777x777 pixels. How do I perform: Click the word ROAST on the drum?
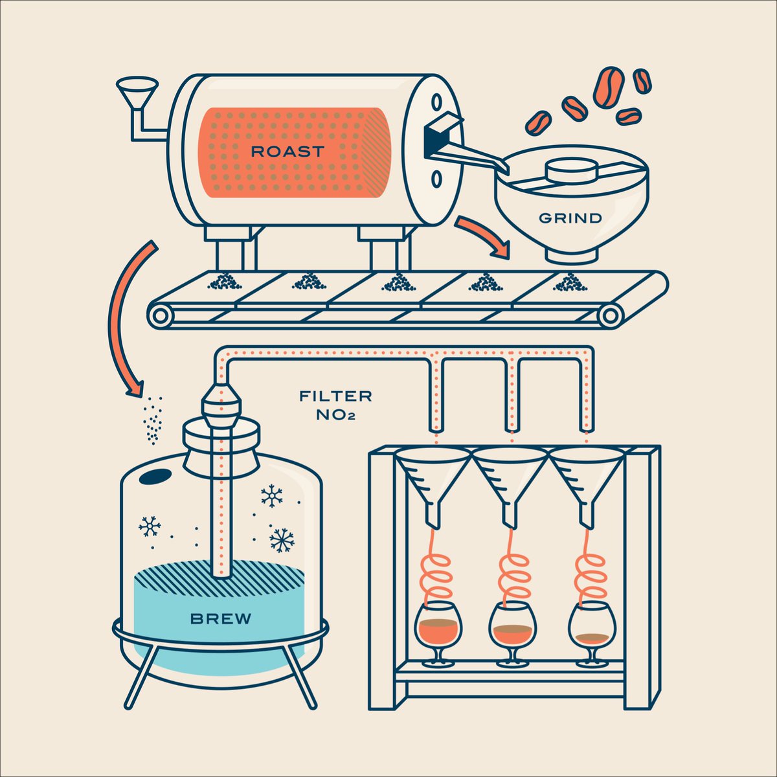coord(286,152)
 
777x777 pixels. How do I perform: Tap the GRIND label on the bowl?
coord(570,218)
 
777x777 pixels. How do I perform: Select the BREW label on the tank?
coord(221,618)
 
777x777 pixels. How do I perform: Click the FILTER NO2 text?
coord(335,405)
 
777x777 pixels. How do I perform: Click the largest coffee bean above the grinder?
coord(608,86)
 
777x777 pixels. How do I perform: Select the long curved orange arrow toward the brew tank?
coord(123,317)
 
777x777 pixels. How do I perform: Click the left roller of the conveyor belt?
coord(160,316)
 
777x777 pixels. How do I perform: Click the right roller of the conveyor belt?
coord(610,316)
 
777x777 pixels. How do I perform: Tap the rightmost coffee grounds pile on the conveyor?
coord(570,282)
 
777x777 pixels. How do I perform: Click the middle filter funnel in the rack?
coord(510,479)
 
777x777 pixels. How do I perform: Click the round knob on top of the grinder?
coord(570,172)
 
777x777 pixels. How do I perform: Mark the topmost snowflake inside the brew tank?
coord(272,497)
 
